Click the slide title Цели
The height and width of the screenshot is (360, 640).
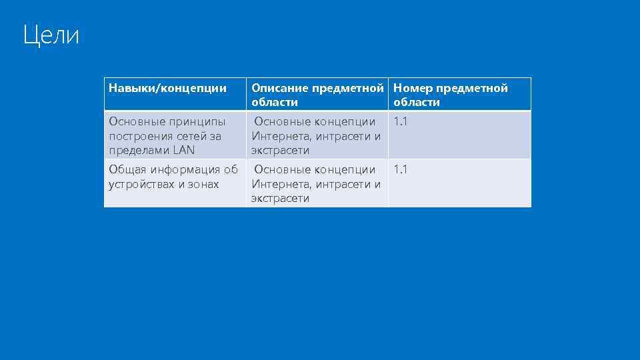point(51,35)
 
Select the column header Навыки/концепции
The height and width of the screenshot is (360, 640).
point(167,88)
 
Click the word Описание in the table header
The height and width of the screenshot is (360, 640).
point(279,88)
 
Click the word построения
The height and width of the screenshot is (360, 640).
point(138,136)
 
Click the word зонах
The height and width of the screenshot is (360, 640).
point(201,184)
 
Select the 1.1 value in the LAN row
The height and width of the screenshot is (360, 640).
point(400,121)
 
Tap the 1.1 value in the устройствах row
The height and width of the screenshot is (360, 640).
point(400,169)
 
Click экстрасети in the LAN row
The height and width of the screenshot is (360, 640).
point(280,150)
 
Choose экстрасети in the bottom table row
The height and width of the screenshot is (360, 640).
point(280,198)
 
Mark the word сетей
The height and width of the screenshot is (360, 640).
point(192,136)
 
